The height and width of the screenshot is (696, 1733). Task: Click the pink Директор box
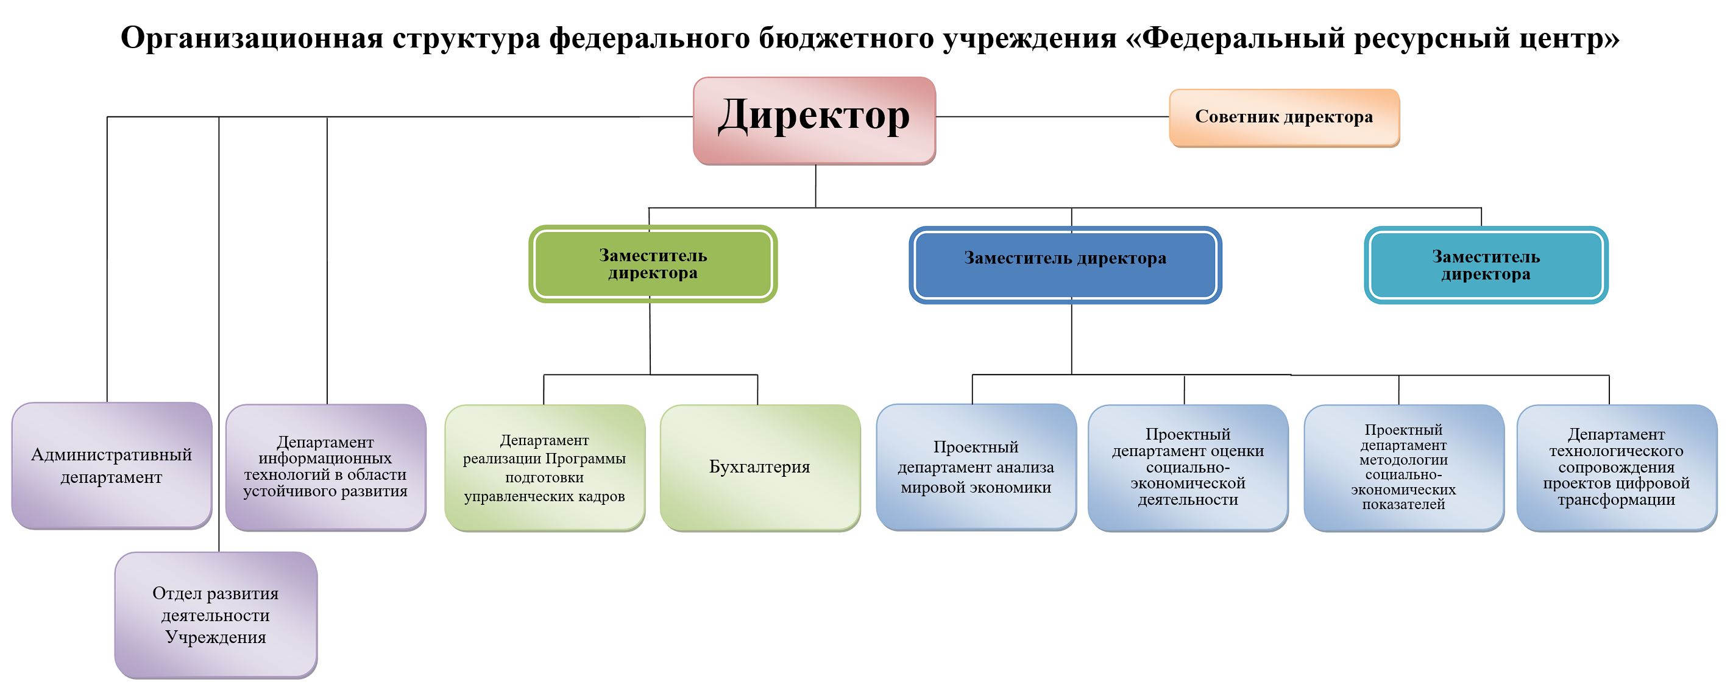(x=814, y=121)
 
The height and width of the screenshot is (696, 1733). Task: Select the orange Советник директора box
(x=1284, y=118)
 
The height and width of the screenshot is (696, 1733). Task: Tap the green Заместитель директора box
(x=653, y=264)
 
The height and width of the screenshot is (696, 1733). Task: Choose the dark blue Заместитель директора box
(x=1065, y=264)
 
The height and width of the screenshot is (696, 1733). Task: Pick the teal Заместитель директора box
(x=1486, y=265)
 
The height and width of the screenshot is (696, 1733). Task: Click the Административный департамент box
(x=112, y=465)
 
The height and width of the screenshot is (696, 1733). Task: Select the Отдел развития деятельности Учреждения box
(x=215, y=614)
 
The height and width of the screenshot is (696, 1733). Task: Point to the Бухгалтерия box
(x=759, y=468)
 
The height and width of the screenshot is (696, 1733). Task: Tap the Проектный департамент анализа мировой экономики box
(x=976, y=466)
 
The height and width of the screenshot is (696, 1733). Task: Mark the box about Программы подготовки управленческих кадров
(x=544, y=468)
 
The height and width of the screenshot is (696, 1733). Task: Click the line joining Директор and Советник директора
(x=1052, y=117)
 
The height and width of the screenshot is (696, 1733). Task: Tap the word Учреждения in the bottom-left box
(x=215, y=637)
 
